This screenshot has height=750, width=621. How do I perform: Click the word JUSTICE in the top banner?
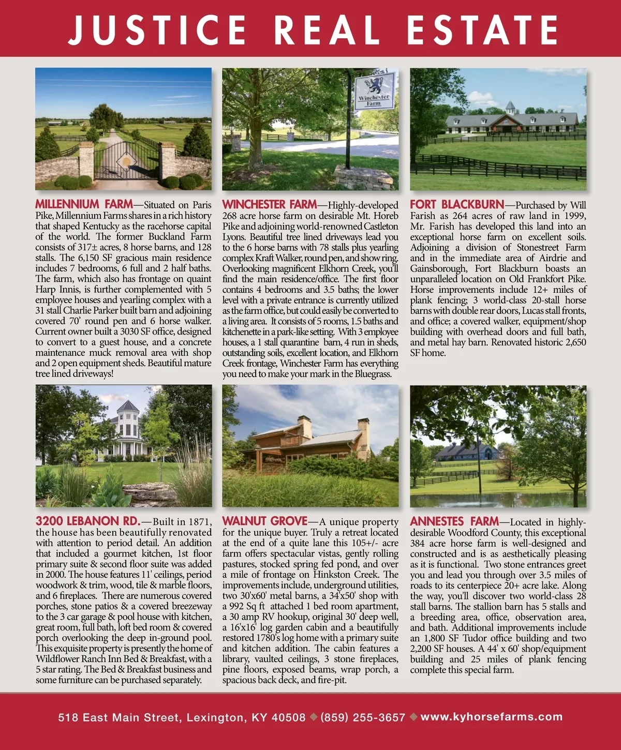tap(157, 29)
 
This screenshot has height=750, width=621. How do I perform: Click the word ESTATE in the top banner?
tap(482, 29)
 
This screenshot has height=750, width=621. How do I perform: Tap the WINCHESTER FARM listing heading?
tap(269, 204)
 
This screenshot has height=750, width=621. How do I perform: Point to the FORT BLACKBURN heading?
tap(456, 204)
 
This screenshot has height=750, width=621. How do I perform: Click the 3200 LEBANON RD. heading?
tap(87, 521)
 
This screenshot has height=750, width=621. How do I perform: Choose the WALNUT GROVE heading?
tap(264, 521)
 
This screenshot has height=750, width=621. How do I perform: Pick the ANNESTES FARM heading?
tap(454, 521)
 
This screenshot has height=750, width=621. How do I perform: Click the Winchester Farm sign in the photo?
tap(374, 91)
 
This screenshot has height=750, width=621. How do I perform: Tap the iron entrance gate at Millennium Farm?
tap(123, 159)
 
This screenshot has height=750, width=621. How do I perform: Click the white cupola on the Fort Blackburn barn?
tap(511, 108)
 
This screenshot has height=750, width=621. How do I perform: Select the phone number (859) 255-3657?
tap(363, 717)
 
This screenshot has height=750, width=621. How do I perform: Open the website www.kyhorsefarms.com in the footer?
tap(492, 717)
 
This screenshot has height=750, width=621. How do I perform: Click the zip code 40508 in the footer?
tap(288, 717)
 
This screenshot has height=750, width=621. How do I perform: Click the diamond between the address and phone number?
tap(313, 717)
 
